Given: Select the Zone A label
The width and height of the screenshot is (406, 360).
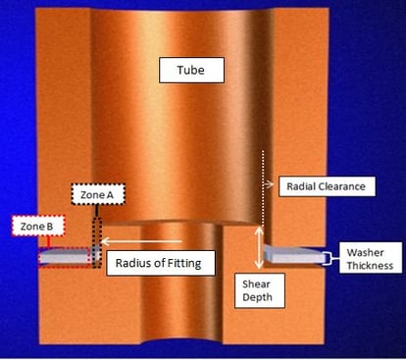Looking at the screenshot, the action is point(96,195).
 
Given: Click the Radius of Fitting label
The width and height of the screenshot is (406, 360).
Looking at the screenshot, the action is point(161,263).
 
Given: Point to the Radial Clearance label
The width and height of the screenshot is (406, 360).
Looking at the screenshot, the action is point(323,185).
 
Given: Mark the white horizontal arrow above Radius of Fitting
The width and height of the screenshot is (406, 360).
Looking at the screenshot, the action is point(146,240).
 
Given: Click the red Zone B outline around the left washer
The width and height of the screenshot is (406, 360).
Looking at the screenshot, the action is point(63,257).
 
